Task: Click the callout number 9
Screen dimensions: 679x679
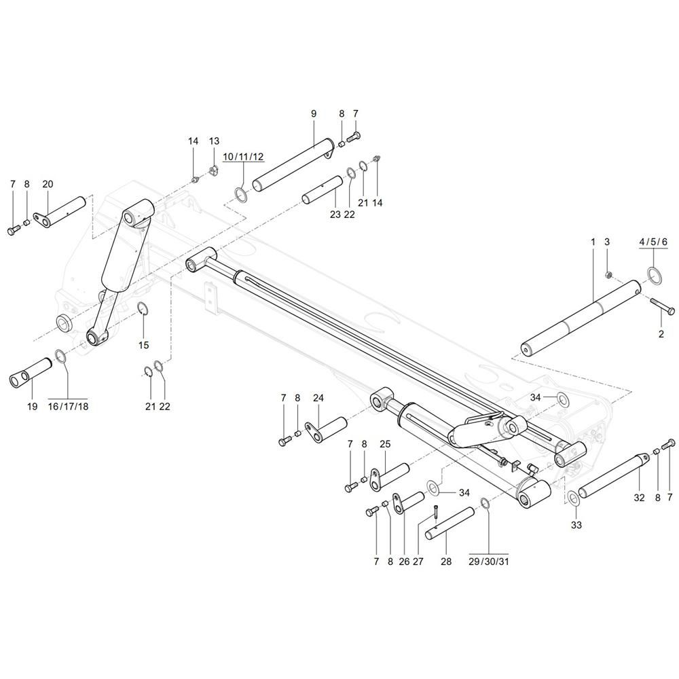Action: (x=314, y=113)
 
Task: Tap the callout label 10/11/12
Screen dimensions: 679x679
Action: (x=243, y=157)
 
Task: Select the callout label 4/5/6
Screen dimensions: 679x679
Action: (x=654, y=242)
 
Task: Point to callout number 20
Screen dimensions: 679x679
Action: (x=48, y=184)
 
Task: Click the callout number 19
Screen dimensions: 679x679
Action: (x=32, y=406)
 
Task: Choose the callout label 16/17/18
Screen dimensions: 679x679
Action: (x=69, y=406)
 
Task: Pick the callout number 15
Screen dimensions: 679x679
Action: (x=143, y=345)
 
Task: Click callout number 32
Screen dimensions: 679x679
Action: (x=639, y=497)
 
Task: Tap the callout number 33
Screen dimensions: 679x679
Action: (x=576, y=525)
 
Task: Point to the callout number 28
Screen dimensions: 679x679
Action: (x=445, y=562)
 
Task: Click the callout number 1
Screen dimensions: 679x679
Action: (x=592, y=242)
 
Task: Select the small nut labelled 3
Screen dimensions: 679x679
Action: (x=609, y=275)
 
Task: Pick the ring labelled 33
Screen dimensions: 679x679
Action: (x=573, y=498)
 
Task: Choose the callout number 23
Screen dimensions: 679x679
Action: (x=335, y=215)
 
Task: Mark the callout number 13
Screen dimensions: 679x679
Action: (x=214, y=141)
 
